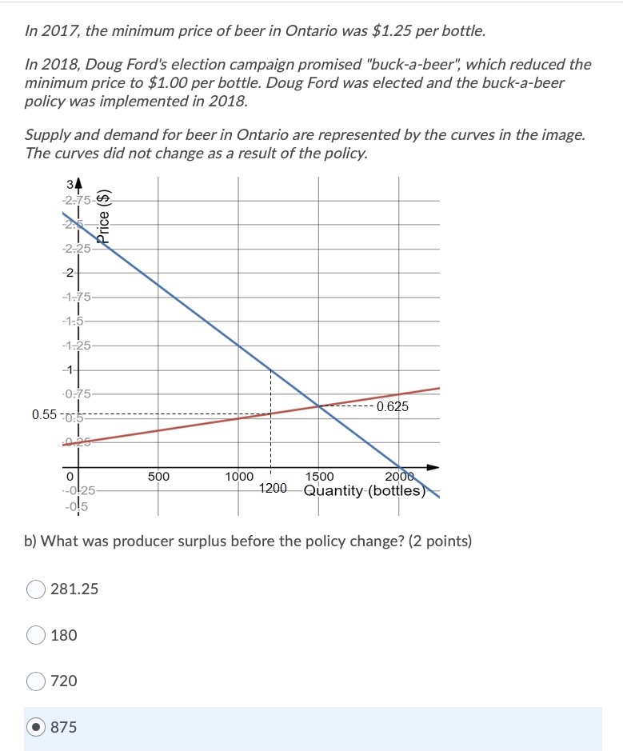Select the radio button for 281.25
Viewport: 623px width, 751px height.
pos(36,589)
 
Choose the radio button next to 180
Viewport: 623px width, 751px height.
pos(36,635)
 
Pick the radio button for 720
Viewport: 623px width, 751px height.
pos(36,681)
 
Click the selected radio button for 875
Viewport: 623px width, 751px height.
pos(36,727)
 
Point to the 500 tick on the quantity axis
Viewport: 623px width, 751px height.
pos(158,477)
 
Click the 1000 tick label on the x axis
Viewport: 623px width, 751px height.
pos(238,477)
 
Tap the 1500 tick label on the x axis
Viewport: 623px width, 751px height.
pos(319,477)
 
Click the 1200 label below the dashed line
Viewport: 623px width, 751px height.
pos(273,488)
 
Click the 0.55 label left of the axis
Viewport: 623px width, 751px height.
pos(45,414)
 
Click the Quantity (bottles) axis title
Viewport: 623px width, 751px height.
pos(364,490)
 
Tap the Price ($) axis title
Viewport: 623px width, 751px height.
pos(104,215)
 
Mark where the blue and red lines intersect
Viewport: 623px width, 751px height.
pos(319,406)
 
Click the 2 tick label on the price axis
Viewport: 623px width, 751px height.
pos(70,273)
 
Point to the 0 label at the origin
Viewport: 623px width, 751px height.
pos(70,477)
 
